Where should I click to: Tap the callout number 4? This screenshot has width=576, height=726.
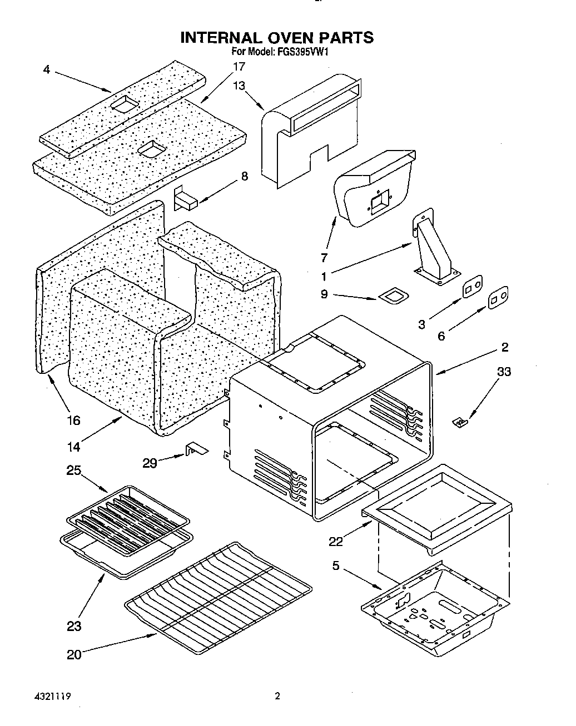pos(46,71)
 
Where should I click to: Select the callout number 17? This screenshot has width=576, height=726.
pos(239,67)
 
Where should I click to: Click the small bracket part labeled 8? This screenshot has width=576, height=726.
pos(186,199)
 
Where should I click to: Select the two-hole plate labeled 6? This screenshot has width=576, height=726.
pos(498,298)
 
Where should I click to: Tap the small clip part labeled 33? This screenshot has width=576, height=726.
pos(460,423)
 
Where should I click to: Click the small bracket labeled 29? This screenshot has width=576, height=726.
pos(195,449)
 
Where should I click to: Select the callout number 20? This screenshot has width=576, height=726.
pos(74,654)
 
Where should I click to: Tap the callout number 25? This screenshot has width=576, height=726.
pos(73,470)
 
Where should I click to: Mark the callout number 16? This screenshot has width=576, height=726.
pos(73,420)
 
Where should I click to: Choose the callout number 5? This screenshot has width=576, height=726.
pos(336,566)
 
